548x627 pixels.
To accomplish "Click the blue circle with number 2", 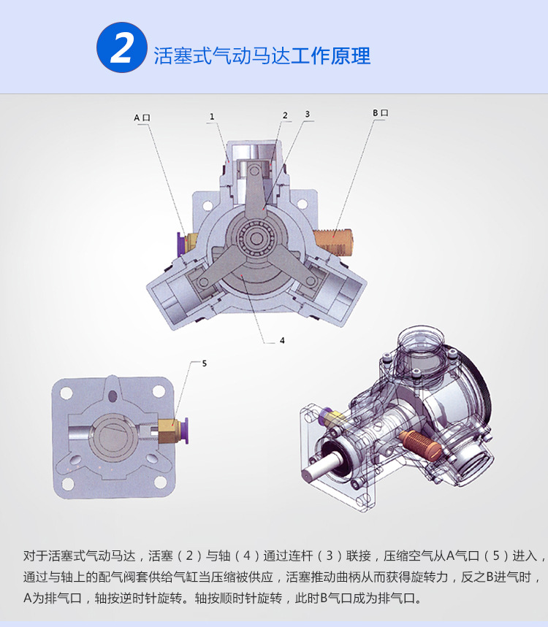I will pyautogui.click(x=122, y=48).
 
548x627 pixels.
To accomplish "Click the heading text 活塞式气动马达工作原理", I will pyautogui.click(x=262, y=56).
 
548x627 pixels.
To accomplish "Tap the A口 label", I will pyautogui.click(x=141, y=117).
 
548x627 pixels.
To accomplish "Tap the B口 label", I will pyautogui.click(x=380, y=113).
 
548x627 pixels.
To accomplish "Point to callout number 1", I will pyautogui.click(x=211, y=116).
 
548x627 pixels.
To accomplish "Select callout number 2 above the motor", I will pyautogui.click(x=285, y=115).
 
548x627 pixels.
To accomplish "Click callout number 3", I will pyautogui.click(x=308, y=114).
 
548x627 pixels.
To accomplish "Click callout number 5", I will pyautogui.click(x=204, y=362).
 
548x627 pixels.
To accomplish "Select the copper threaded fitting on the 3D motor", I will pyautogui.click(x=416, y=441).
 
